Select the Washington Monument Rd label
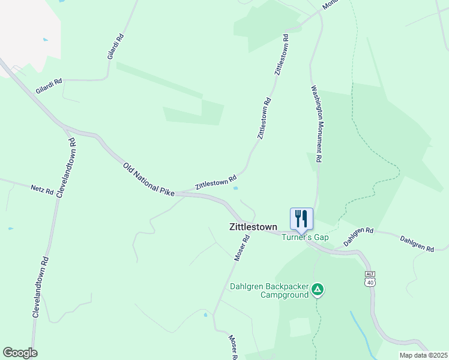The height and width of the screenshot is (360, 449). pyautogui.click(x=316, y=124)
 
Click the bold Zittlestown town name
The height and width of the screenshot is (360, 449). pyautogui.click(x=253, y=227)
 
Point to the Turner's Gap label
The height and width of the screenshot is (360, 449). pyautogui.click(x=306, y=238)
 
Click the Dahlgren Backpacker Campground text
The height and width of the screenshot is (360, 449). pyautogui.click(x=269, y=291)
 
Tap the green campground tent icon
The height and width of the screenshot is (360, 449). pyautogui.click(x=318, y=290)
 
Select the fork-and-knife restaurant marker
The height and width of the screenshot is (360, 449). pyautogui.click(x=301, y=218)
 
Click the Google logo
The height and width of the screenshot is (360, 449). pyautogui.click(x=20, y=353)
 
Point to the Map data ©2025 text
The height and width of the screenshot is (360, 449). pyautogui.click(x=423, y=355)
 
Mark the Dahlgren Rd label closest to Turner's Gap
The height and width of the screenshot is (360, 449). pyautogui.click(x=358, y=236)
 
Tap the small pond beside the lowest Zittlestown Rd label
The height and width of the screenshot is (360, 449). pyautogui.click(x=236, y=188)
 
